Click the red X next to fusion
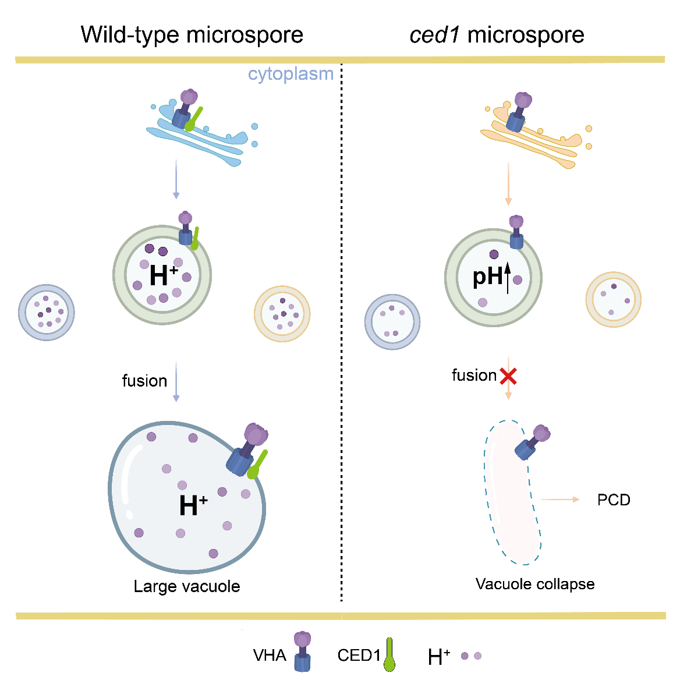508,377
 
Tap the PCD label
614,500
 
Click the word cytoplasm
291,74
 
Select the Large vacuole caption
187,586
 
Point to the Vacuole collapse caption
535,584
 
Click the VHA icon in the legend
302,652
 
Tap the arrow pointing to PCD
560,500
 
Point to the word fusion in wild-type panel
144,381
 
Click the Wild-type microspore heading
192,35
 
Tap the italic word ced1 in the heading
435,35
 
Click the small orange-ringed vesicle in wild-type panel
282,314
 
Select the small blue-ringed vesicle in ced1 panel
392,322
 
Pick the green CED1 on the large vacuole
257,465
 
